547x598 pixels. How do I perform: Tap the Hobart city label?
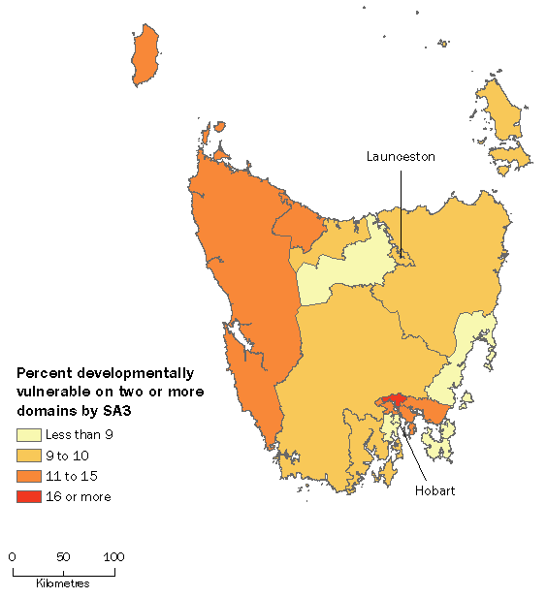pos(436,490)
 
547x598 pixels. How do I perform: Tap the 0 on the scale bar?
pos(12,556)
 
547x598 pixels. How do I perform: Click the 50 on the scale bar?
pos(63,556)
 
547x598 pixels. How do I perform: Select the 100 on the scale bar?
pos(113,556)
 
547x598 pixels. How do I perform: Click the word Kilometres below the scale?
pos(63,583)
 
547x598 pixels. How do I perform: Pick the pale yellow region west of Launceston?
pos(335,276)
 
